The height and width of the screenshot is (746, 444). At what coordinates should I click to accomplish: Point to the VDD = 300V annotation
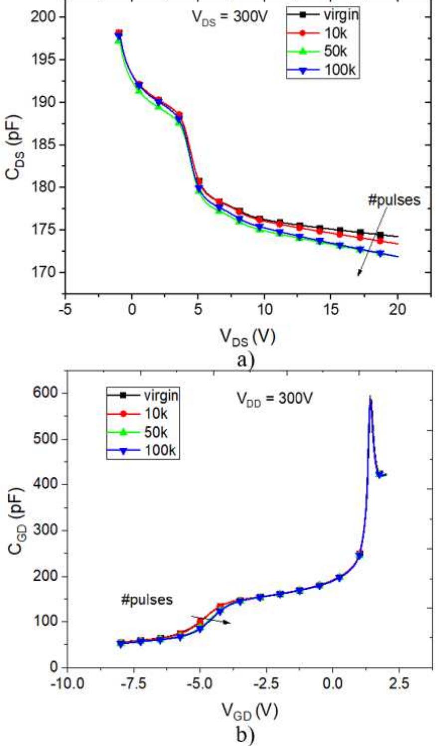click(x=274, y=399)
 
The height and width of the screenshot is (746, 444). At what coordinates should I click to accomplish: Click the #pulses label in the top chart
click(x=394, y=200)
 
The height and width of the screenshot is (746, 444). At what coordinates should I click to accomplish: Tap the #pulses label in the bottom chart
click(x=147, y=600)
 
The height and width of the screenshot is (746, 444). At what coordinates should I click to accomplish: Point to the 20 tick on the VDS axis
click(x=398, y=310)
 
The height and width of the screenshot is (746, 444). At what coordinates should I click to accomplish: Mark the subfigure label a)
click(x=245, y=359)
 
